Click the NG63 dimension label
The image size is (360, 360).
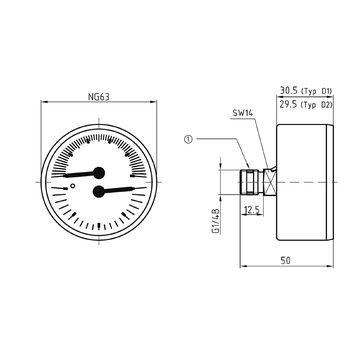coord(97,98)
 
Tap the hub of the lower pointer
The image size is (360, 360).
coord(99,191)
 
